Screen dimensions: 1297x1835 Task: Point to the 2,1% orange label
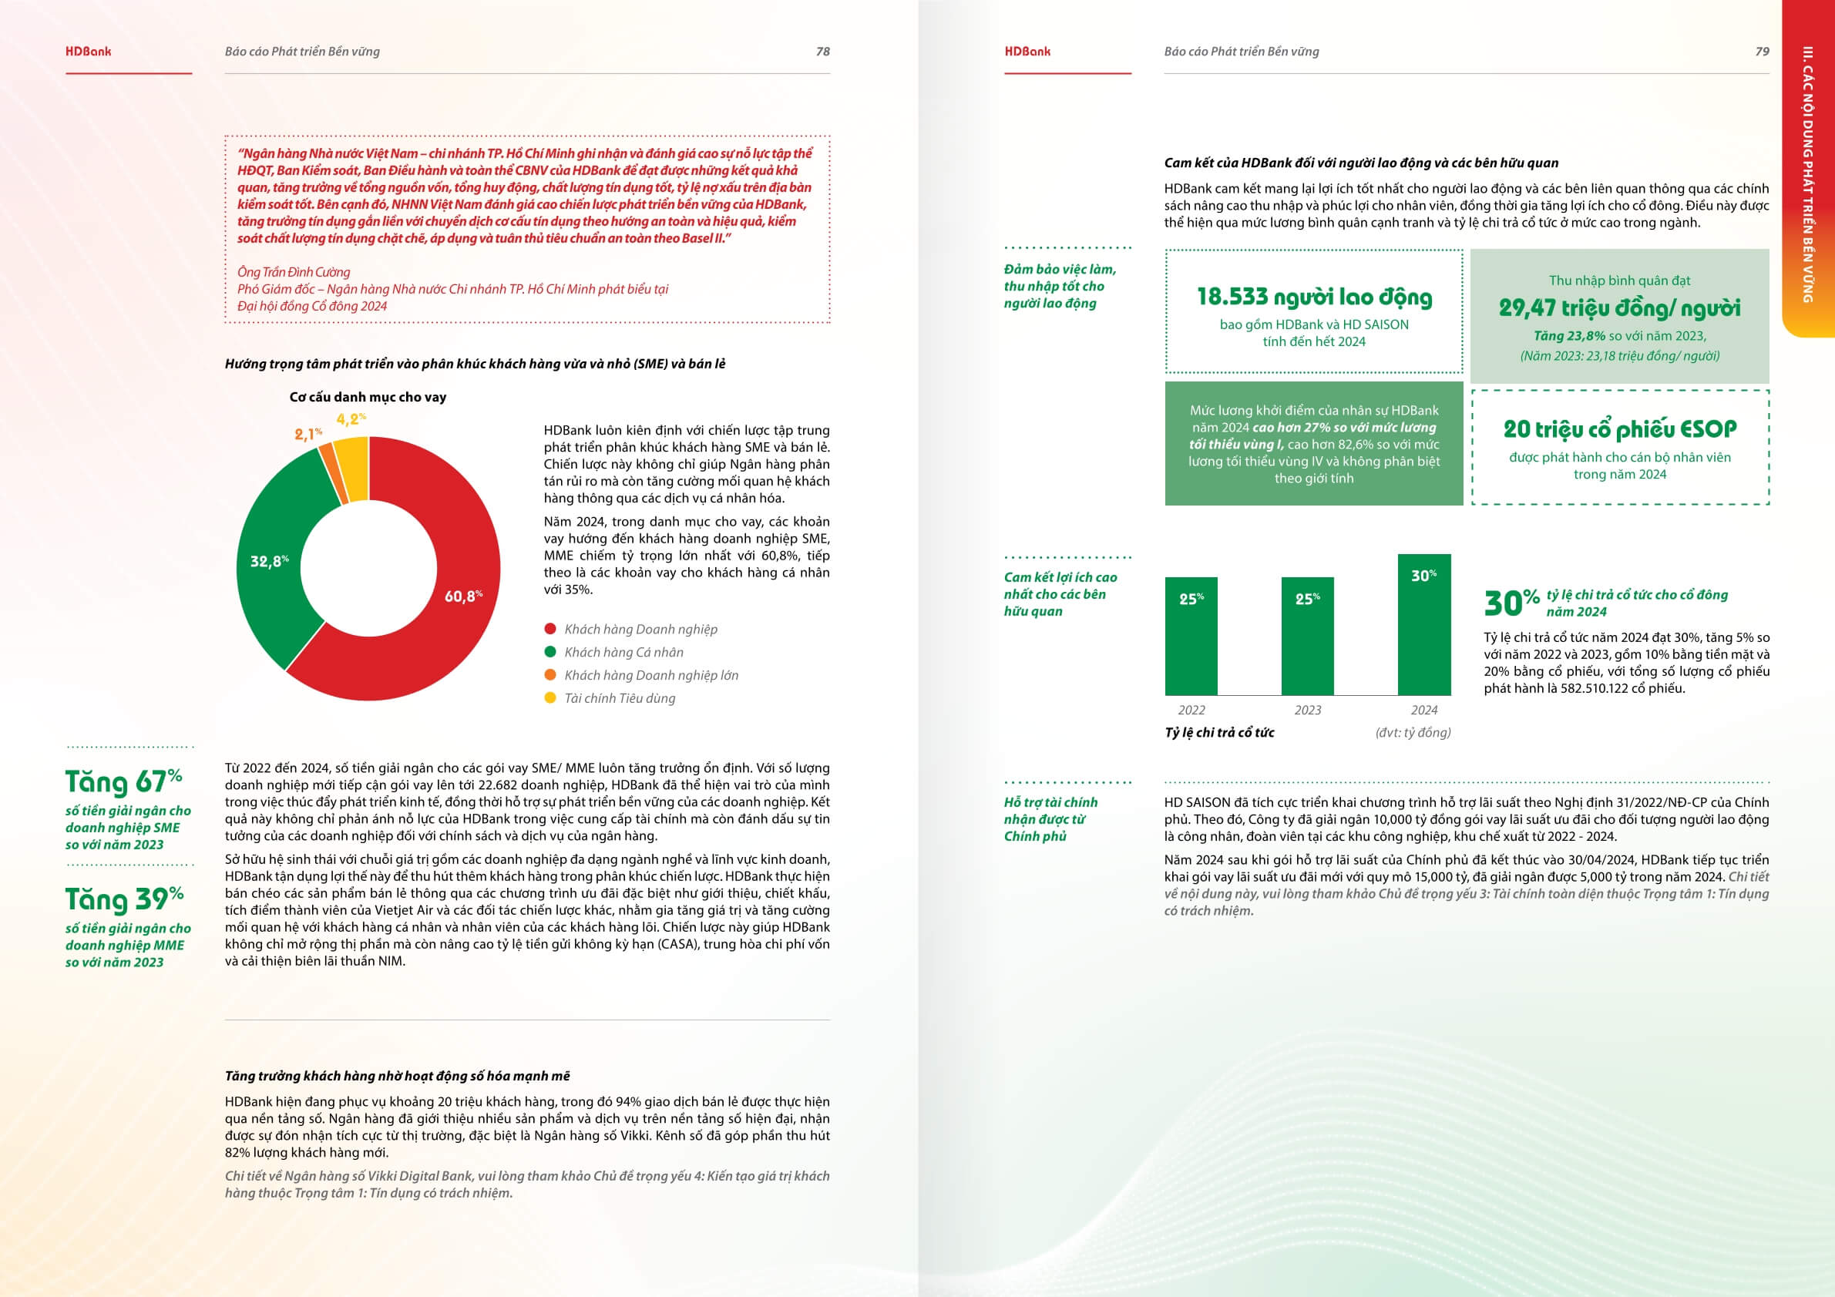[x=308, y=434]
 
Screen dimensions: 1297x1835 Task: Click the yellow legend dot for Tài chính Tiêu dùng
[x=549, y=697]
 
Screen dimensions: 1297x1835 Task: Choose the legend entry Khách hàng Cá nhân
[x=623, y=652]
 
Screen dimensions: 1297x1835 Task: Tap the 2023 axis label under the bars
[x=1308, y=710]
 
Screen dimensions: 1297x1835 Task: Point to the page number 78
[x=822, y=51]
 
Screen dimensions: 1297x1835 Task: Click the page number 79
[x=1762, y=51]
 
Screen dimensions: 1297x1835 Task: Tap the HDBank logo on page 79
[x=1027, y=51]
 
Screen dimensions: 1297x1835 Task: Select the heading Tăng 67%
[x=124, y=781]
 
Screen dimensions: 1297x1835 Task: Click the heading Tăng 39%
[x=124, y=899]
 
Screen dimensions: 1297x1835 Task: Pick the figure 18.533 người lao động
[x=1314, y=297]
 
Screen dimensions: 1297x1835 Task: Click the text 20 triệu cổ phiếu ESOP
[x=1620, y=429]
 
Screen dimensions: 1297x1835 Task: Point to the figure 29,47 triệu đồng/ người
[x=1619, y=307]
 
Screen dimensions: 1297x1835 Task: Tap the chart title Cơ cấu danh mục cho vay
[x=368, y=397]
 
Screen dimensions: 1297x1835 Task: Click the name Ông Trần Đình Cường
[x=294, y=272]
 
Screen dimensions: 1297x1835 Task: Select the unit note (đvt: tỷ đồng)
[x=1412, y=732]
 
